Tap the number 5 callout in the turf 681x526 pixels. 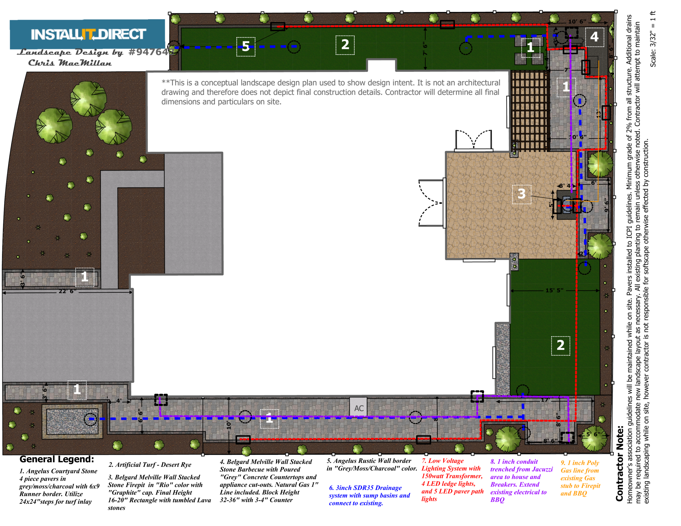(x=246, y=47)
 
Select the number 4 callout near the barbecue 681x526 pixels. (x=594, y=37)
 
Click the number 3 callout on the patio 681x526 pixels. (x=521, y=194)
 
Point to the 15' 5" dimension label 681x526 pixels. (x=554, y=290)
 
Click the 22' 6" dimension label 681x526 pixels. (x=67, y=291)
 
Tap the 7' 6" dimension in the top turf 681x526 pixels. (x=425, y=49)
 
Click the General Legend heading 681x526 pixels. (x=56, y=459)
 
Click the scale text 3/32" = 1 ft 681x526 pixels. (x=653, y=39)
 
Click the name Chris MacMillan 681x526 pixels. (x=70, y=63)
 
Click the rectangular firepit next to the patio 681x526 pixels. (x=567, y=204)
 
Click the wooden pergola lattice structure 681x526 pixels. (x=529, y=111)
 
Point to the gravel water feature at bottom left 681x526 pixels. (x=72, y=421)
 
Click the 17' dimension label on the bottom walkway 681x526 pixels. (x=545, y=400)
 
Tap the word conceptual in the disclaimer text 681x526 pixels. (x=216, y=83)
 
